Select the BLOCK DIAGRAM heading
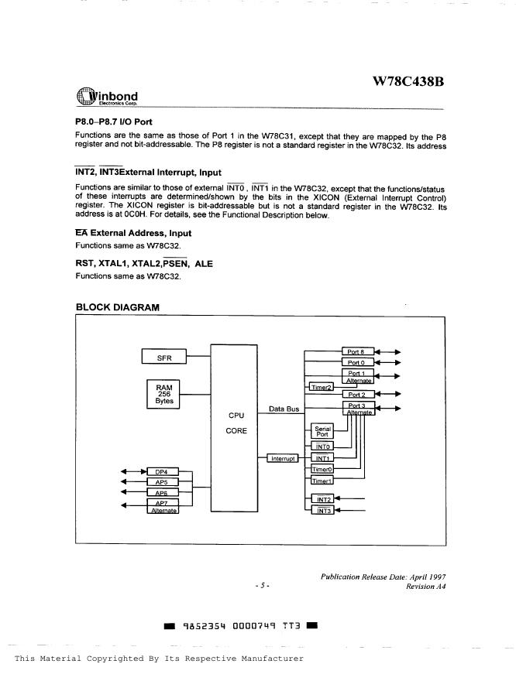118,307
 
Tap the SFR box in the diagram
164,358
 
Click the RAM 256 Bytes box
164,393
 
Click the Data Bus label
284,408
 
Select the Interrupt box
282,459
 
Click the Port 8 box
357,351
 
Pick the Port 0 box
357,362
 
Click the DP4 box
163,471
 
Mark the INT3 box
322,511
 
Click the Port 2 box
357,395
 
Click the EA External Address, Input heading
132,233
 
